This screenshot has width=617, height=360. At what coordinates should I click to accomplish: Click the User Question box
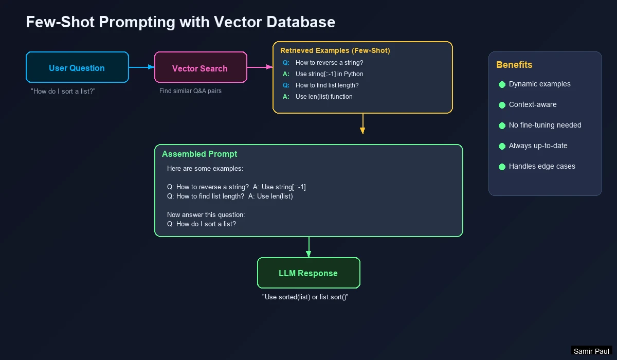pos(77,67)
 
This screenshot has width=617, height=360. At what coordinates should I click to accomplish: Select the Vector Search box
pos(201,67)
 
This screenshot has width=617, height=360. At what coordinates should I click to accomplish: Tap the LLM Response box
pos(308,273)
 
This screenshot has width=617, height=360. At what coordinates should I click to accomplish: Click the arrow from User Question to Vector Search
pos(141,67)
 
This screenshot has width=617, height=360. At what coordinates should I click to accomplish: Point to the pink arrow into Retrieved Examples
pos(260,67)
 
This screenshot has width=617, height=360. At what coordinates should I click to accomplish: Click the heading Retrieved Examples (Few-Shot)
pos(335,50)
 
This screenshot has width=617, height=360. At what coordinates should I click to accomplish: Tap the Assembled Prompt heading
pos(199,154)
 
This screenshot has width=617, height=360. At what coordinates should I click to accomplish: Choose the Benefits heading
pos(514,65)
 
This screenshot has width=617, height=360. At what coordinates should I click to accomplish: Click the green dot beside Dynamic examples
pos(502,84)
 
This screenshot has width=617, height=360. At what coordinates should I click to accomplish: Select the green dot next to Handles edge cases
pos(502,167)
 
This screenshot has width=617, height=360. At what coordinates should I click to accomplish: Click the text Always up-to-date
pos(538,146)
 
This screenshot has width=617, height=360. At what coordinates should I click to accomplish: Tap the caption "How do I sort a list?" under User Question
pos(63,91)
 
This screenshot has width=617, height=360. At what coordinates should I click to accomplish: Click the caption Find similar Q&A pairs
pos(190,91)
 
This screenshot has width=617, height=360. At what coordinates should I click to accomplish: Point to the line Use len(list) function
pos(324,97)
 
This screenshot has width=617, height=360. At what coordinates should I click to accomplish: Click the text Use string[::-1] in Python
pos(329,74)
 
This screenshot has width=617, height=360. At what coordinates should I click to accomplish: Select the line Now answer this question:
pos(206,214)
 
